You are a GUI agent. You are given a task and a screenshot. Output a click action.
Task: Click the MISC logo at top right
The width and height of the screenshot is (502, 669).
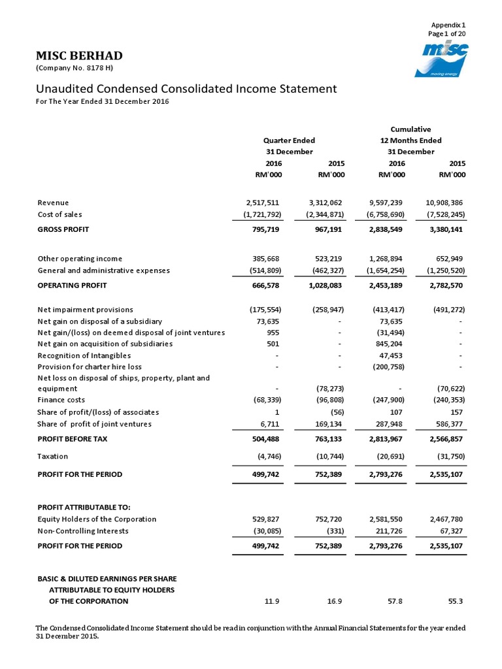pos(444,60)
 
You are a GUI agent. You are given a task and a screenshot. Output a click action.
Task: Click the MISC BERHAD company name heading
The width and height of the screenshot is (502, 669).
pos(78,56)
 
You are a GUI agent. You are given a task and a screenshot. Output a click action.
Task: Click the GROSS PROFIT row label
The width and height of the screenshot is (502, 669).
pos(63,229)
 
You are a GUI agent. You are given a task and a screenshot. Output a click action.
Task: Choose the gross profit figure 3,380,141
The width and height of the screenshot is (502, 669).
pos(444,229)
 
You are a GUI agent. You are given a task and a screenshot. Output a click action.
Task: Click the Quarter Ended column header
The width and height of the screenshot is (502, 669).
pos(289,140)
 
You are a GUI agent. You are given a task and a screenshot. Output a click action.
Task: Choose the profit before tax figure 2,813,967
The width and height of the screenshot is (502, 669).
pos(388,439)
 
